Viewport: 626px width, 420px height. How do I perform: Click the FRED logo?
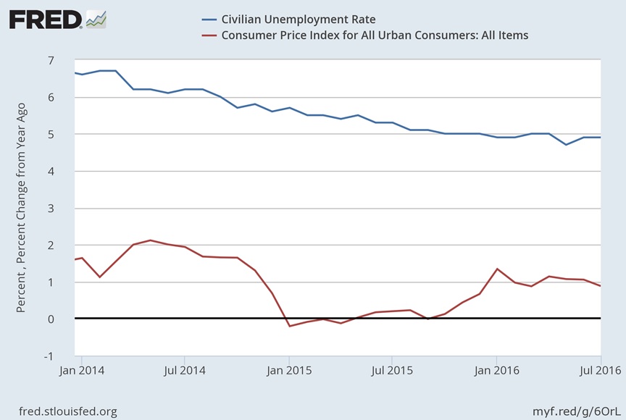pos(45,20)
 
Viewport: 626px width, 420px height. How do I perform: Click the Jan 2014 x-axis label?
pos(81,370)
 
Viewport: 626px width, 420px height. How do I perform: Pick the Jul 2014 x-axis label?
pos(184,370)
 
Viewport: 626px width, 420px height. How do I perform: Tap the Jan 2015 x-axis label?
pos(288,370)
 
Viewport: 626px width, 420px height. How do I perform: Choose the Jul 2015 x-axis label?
pos(391,370)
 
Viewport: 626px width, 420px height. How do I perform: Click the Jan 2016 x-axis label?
pos(496,370)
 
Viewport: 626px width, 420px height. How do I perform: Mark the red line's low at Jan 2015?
pos(289,326)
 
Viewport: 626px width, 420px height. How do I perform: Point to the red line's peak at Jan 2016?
pos(496,269)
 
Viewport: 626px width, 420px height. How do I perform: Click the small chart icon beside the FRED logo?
pos(96,19)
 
